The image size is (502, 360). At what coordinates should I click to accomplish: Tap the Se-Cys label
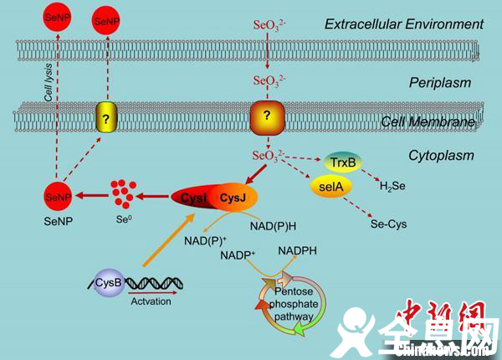point(389,224)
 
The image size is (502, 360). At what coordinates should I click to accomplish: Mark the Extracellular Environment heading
point(404,23)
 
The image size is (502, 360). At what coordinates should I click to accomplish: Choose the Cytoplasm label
point(441,155)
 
